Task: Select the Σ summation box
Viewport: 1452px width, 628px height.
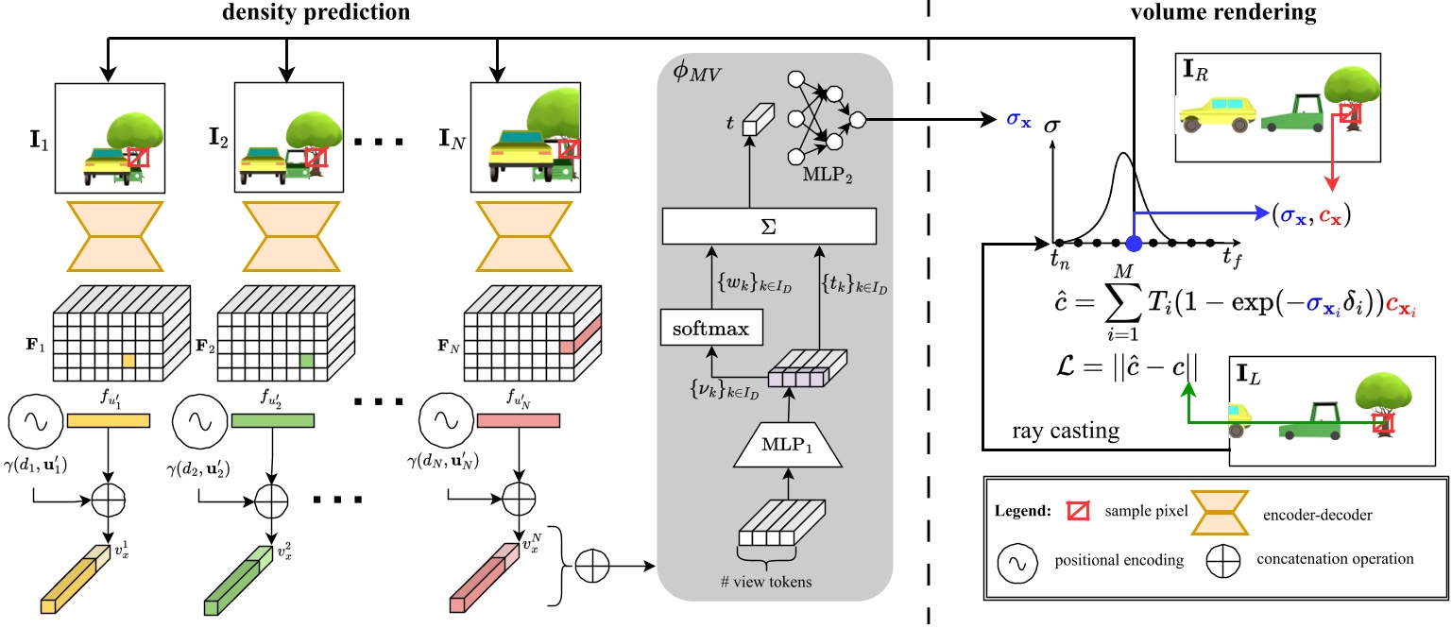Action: point(770,228)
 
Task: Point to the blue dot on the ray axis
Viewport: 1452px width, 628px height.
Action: point(1134,244)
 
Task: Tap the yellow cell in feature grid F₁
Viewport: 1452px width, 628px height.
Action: point(128,361)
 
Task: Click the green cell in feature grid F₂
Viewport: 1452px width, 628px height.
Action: point(306,361)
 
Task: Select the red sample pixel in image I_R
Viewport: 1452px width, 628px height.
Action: point(1349,114)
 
